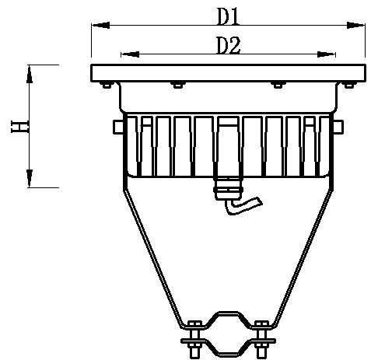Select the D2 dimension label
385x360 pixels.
(x=227, y=45)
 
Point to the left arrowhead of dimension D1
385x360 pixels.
(x=96, y=26)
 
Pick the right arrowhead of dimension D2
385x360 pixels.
(x=331, y=55)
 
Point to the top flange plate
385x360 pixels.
(x=228, y=73)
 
